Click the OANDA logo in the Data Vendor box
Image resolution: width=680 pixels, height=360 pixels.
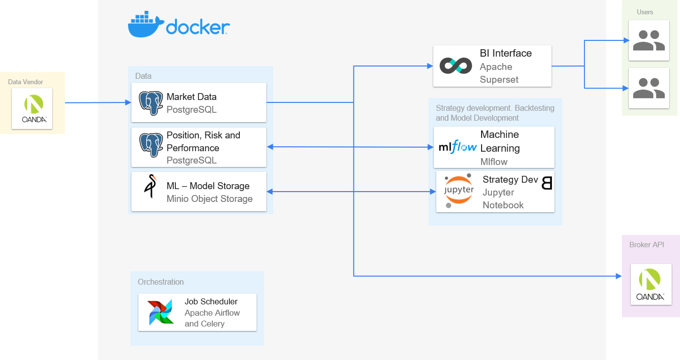click(34, 109)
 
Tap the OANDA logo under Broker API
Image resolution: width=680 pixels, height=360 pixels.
click(651, 284)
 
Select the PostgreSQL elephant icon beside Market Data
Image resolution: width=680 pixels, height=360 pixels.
click(151, 103)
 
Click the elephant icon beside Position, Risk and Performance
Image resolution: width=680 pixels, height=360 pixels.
click(151, 145)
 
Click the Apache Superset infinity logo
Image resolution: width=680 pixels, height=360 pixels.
click(455, 65)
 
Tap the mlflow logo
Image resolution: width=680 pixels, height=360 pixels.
click(457, 147)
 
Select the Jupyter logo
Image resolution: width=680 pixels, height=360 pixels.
click(458, 190)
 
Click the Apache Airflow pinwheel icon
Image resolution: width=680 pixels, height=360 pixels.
click(161, 312)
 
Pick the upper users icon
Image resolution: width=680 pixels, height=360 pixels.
click(648, 40)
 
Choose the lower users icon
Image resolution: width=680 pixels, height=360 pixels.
click(648, 88)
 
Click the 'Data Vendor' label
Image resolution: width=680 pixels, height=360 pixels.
click(26, 82)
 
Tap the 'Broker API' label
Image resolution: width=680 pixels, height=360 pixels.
click(647, 245)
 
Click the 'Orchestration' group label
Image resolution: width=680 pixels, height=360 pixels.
click(161, 282)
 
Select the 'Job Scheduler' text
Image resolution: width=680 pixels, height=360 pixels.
click(211, 301)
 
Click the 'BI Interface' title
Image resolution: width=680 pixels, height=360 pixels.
click(506, 53)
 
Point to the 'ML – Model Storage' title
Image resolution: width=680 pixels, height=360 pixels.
click(208, 186)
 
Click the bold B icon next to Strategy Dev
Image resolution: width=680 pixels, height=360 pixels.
click(547, 183)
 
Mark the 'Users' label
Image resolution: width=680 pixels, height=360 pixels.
click(645, 12)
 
